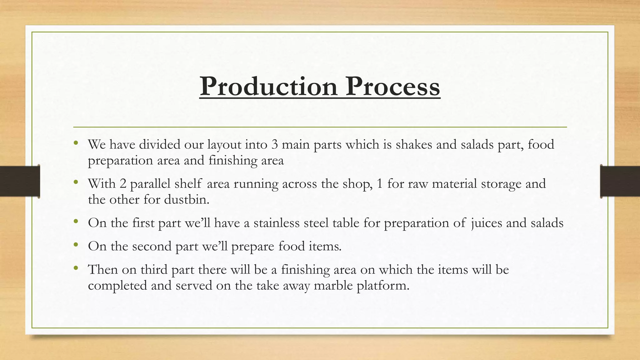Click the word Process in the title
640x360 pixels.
tap(392, 86)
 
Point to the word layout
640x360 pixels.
tap(224, 145)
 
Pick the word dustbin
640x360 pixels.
tap(186, 199)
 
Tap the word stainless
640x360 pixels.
tap(276, 223)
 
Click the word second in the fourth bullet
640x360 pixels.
tap(152, 246)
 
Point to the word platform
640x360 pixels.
tap(383, 286)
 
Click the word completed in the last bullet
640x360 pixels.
tap(117, 286)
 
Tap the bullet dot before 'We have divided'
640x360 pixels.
tap(76, 143)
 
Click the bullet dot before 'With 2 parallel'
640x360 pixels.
tap(76, 182)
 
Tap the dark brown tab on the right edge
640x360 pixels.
tap(620, 181)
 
